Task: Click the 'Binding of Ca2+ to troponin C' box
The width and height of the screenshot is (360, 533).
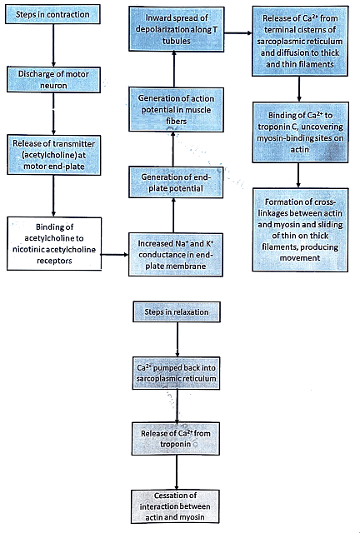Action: coord(300,132)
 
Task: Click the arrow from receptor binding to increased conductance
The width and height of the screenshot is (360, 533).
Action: coord(117,247)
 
